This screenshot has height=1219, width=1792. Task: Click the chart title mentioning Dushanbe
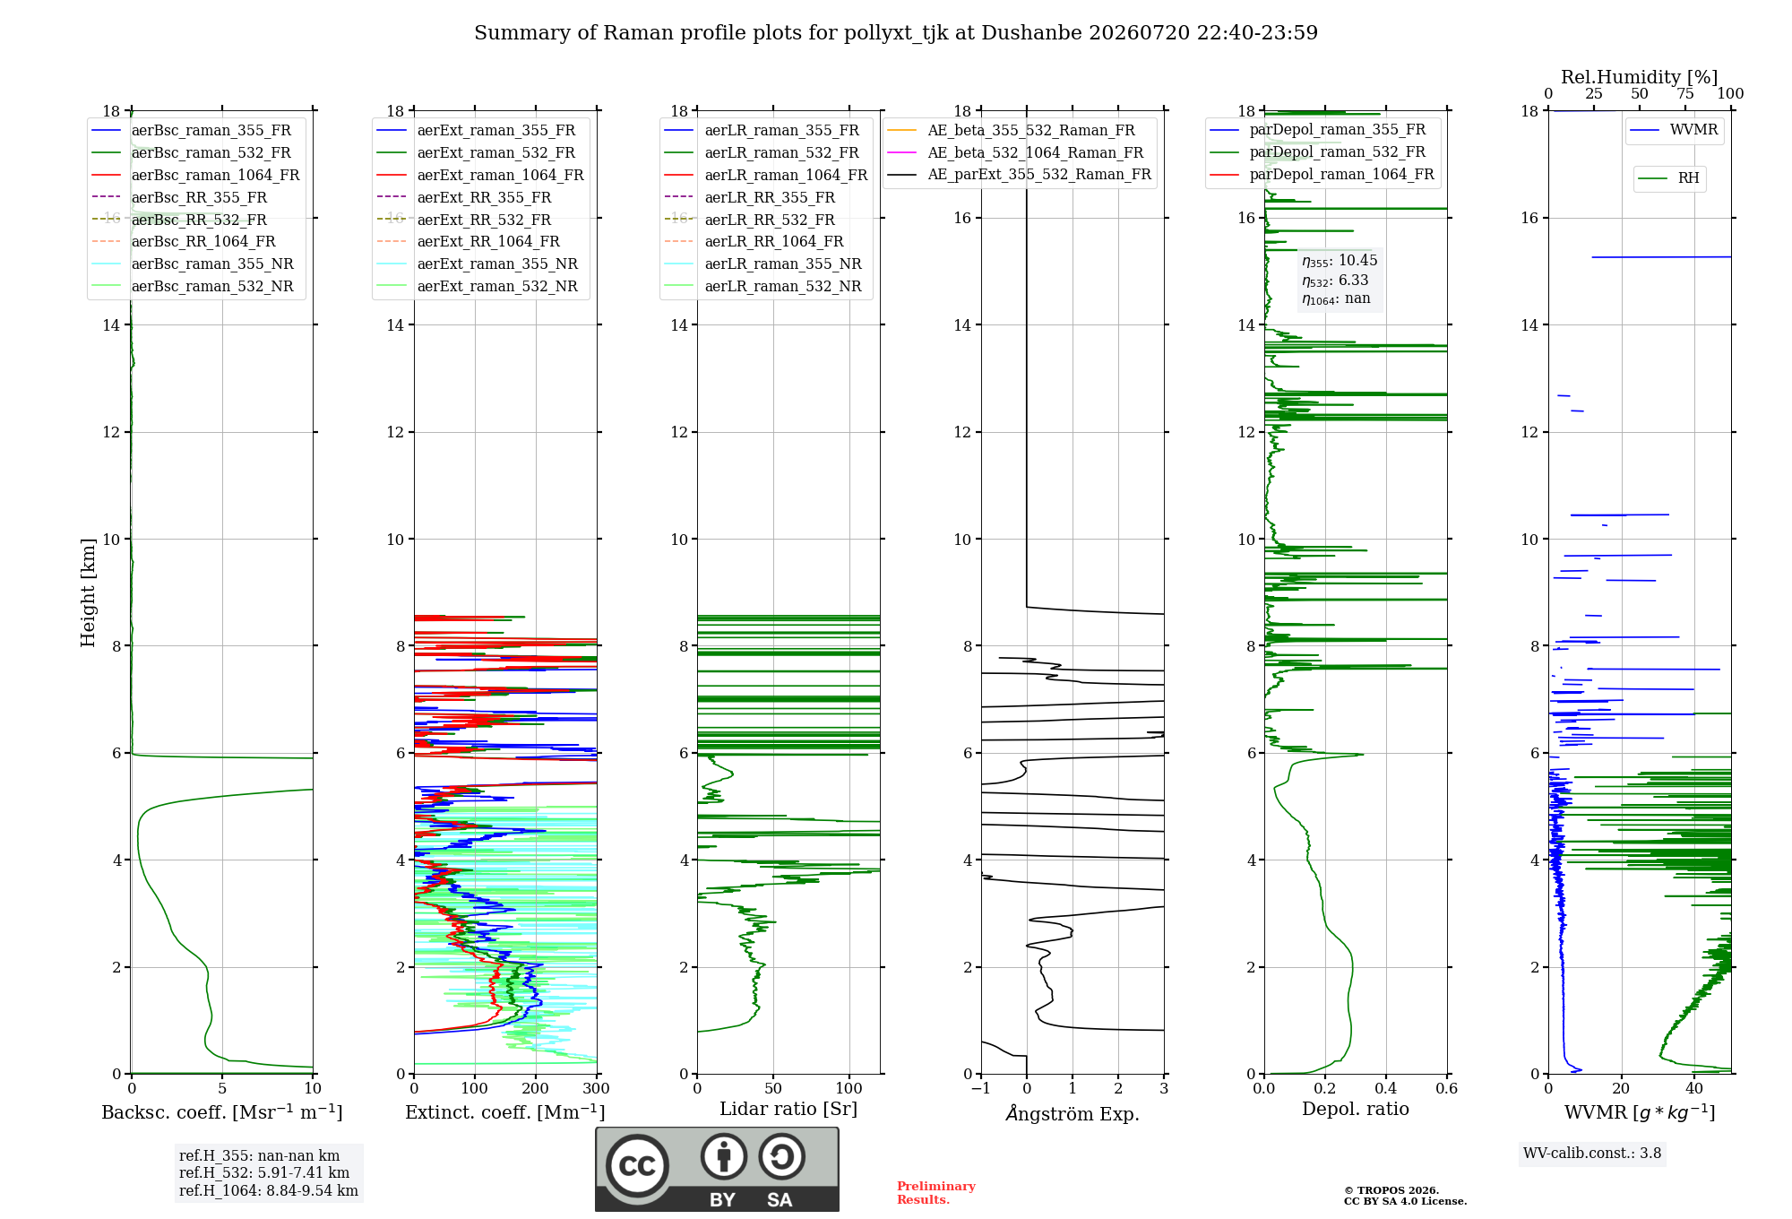point(896,33)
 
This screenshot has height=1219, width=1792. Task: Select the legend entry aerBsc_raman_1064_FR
point(196,175)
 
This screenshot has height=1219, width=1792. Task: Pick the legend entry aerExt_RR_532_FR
point(464,220)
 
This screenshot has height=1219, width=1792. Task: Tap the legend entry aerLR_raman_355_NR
point(762,264)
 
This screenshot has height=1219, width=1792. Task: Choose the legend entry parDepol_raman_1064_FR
point(1322,174)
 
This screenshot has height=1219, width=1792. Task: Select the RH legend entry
point(1669,178)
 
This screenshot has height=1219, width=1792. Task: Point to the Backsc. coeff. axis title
point(222,1112)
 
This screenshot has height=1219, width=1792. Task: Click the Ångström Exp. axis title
point(1073,1113)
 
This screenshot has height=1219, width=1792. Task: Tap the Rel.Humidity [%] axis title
point(1640,77)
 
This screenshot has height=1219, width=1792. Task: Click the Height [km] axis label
point(88,592)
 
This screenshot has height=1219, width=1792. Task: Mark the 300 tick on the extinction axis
point(597,1089)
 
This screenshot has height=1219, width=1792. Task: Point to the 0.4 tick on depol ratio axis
point(1386,1089)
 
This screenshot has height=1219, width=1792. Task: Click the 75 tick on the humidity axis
point(1685,94)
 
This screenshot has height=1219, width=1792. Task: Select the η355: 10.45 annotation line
point(1340,261)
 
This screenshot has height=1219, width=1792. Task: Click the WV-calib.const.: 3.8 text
point(1592,1154)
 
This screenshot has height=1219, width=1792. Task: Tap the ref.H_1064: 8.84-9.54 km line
point(269,1191)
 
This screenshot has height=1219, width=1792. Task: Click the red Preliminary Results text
point(936,1193)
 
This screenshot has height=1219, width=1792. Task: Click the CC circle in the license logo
point(637,1165)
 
